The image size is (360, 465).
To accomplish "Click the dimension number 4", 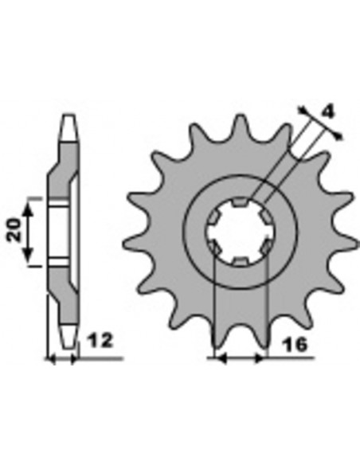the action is [327, 112].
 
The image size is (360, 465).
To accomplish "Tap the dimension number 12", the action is [101, 341].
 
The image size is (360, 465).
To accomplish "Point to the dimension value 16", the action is [295, 345].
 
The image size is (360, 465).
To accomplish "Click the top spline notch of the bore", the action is [240, 202].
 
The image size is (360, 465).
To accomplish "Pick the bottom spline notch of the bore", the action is [240, 261].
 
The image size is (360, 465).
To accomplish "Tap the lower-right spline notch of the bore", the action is [266, 247].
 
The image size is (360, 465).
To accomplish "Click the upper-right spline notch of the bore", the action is [265, 217].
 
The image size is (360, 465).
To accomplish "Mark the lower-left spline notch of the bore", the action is [215, 247].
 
